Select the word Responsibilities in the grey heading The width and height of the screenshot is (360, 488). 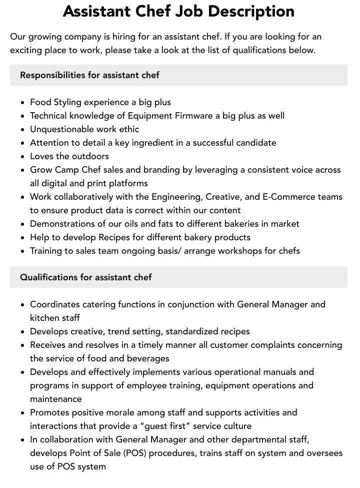coord(52,75)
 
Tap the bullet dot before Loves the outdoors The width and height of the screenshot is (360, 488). coord(23,157)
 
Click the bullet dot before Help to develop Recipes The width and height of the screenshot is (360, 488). coord(23,238)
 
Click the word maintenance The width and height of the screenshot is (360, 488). coord(56,399)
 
